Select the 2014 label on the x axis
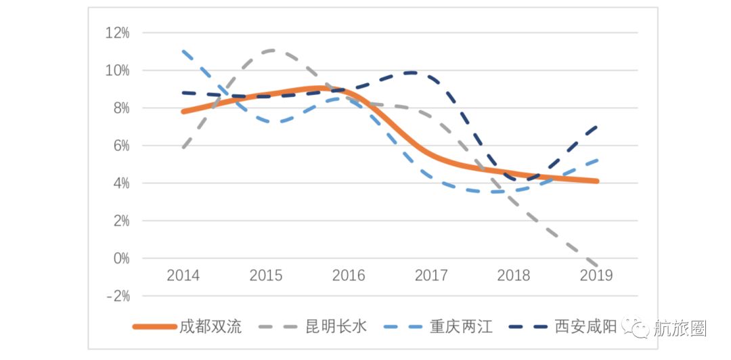coord(183,275)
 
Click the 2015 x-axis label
coord(266,275)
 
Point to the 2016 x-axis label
coord(349,275)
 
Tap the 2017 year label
coord(431,275)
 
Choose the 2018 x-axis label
coord(514,275)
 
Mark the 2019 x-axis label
coord(596,275)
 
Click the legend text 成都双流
coord(211,327)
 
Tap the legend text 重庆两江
coord(461,327)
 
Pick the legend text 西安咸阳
coord(585,327)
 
